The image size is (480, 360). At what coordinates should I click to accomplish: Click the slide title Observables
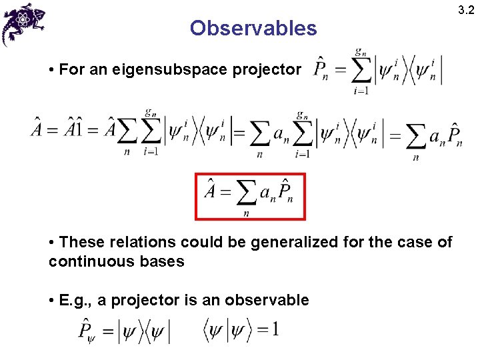253,28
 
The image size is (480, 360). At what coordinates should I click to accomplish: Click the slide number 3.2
466,9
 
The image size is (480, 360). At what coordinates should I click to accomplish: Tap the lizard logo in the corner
25,23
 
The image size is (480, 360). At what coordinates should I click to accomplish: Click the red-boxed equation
250,197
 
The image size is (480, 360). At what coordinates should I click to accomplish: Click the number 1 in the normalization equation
275,329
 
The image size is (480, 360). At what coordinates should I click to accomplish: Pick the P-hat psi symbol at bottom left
87,331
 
